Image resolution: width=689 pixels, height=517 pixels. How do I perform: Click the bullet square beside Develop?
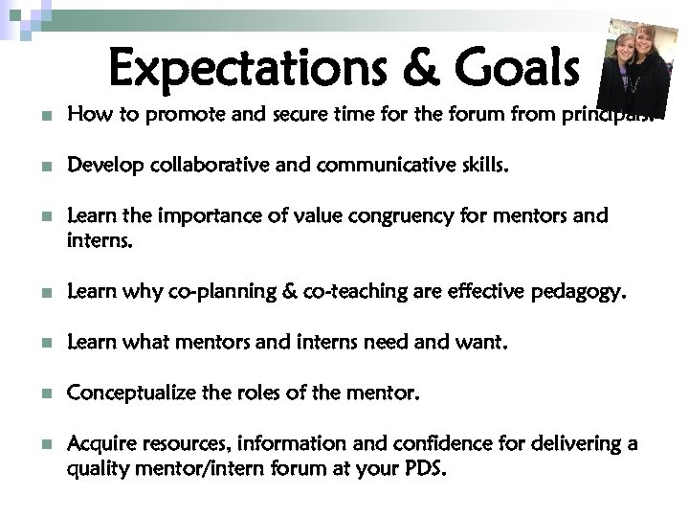point(35,168)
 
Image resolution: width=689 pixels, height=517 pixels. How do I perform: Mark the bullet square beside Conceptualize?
point(35,392)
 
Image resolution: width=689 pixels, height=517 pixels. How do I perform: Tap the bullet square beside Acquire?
point(35,445)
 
